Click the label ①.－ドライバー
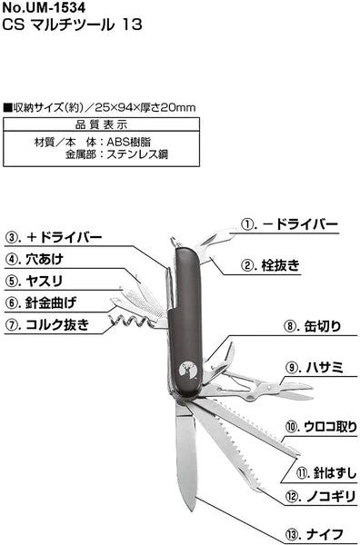[x=288, y=224]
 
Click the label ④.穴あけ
[x=36, y=259]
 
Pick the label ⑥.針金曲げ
[x=42, y=302]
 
